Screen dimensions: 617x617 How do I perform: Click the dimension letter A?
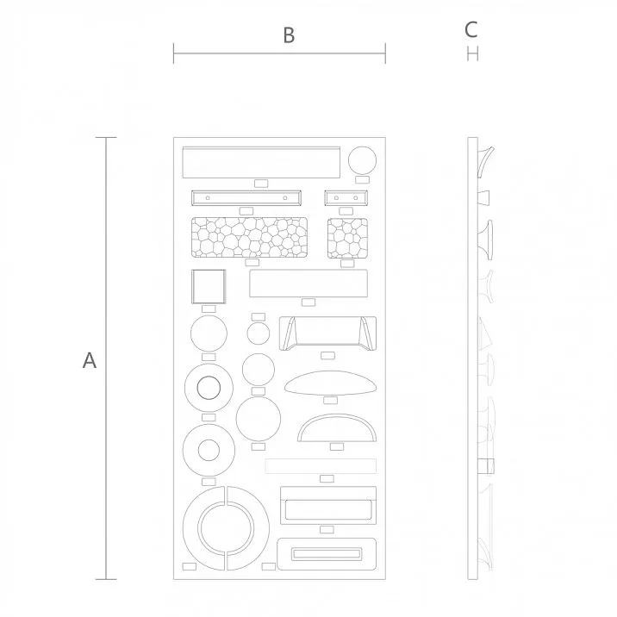tap(89, 360)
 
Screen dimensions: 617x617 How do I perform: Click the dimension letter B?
tap(289, 34)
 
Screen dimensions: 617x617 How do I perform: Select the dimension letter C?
tap(471, 29)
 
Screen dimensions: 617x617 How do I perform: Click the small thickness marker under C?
tap(471, 54)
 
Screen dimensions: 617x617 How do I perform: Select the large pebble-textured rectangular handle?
tap(251, 236)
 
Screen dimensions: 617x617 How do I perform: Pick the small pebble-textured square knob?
tap(347, 237)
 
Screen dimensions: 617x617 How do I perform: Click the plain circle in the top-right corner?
tap(362, 160)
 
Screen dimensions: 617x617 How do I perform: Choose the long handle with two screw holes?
tap(246, 197)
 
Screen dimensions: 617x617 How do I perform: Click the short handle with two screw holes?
tap(346, 197)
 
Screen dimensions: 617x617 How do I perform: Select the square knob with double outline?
tap(208, 286)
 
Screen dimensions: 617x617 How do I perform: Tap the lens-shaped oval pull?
tap(331, 383)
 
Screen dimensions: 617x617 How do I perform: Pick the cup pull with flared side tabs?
tap(327, 333)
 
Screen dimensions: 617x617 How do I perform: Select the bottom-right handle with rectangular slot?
tap(327, 552)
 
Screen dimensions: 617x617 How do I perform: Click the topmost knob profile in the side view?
tap(487, 160)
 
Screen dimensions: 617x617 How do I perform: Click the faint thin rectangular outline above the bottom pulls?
tap(321, 465)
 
